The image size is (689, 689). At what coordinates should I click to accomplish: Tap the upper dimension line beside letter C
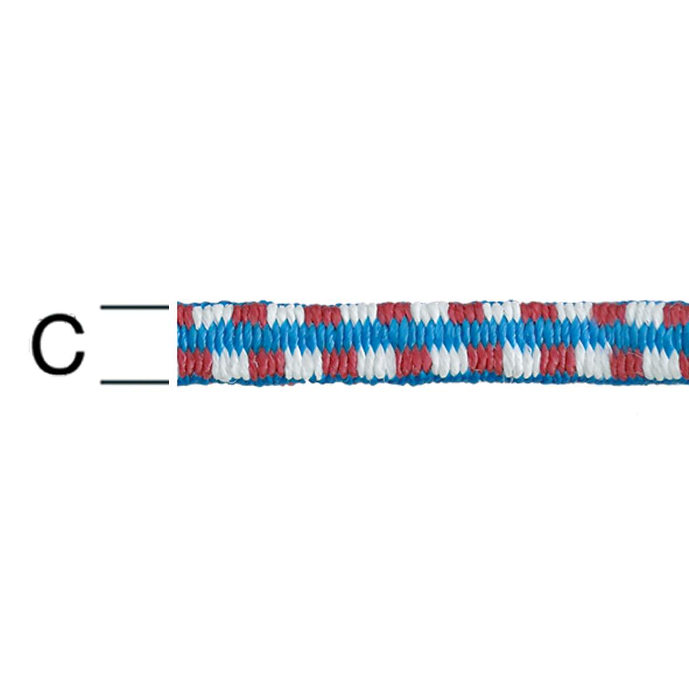point(135,306)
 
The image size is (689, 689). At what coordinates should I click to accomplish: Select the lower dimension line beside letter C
point(135,383)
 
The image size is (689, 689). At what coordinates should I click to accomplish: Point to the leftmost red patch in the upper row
point(185,316)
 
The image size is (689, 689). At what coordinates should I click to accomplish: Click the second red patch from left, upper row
point(250,315)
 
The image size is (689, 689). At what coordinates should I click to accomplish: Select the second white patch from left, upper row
point(286,315)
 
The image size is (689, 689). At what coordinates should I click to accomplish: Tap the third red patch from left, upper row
point(323,315)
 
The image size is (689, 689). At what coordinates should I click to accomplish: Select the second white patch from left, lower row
point(303,363)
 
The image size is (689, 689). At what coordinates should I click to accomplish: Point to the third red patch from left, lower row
point(339,363)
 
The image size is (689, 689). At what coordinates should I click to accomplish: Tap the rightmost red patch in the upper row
point(677,315)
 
